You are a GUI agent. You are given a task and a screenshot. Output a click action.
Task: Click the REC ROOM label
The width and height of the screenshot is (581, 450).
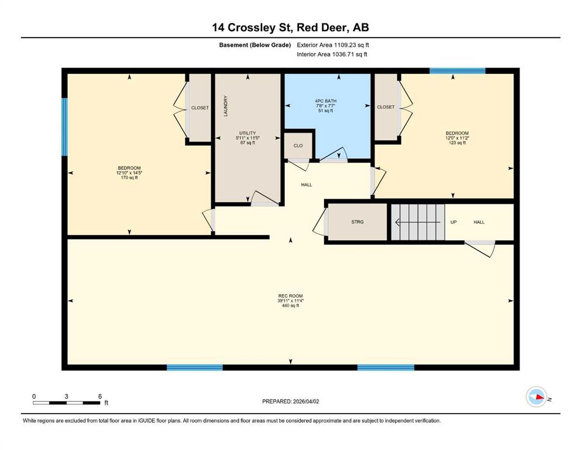coord(290,296)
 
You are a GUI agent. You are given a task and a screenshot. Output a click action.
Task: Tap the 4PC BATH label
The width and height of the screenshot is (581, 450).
coord(326,101)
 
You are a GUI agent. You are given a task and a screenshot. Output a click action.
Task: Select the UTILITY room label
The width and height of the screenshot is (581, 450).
coord(247,133)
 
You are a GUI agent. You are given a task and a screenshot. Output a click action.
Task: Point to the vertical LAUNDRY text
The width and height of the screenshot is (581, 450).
coord(226,106)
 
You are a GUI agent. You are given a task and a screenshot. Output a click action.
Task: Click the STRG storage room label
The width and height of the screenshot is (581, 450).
coord(357,222)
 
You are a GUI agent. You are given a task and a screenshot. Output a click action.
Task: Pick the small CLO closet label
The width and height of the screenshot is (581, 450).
coord(298,146)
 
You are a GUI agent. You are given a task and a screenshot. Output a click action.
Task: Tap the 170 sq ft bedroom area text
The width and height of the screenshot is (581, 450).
coord(129,178)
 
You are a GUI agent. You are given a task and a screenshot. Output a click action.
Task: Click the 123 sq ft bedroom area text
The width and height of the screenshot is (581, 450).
coord(457,143)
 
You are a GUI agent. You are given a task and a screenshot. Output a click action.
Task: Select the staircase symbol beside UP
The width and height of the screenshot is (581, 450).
coord(418,222)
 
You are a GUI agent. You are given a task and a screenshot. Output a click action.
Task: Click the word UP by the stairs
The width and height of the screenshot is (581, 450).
coord(453,222)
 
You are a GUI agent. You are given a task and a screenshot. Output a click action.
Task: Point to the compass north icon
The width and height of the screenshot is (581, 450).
coord(537,397)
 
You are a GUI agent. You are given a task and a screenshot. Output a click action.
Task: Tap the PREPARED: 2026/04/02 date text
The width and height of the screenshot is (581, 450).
coord(290,401)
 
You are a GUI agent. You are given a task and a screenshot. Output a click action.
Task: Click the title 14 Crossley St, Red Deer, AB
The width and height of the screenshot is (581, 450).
coord(290,28)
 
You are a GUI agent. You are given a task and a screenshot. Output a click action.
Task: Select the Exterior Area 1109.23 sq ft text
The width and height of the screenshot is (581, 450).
coord(333,45)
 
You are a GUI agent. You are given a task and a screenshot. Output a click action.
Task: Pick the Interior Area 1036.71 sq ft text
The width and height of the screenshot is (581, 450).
coord(332,54)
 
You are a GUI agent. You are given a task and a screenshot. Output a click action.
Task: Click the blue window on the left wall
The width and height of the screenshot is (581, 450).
coord(65,127)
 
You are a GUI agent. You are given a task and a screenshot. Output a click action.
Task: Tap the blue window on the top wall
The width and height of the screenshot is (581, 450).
coord(458,71)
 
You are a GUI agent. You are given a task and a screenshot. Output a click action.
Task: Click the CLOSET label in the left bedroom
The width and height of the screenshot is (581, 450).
coord(200,108)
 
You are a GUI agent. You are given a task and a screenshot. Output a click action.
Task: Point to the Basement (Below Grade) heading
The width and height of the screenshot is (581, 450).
coord(255,45)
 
